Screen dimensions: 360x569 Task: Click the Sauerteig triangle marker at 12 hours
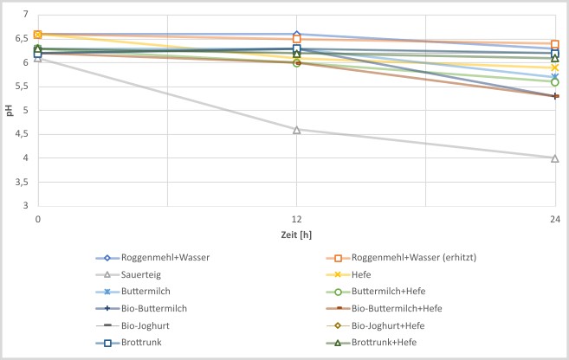(x=297, y=130)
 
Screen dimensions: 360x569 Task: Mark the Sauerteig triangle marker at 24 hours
(x=555, y=158)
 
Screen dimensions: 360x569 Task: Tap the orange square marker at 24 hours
(x=555, y=44)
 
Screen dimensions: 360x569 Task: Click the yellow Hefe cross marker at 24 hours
(x=555, y=67)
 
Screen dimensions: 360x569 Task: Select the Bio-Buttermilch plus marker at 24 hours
(x=555, y=96)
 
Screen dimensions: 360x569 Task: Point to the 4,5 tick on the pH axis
(x=22, y=134)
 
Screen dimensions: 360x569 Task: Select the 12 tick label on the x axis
(x=296, y=220)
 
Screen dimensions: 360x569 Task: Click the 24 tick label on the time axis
(x=554, y=220)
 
